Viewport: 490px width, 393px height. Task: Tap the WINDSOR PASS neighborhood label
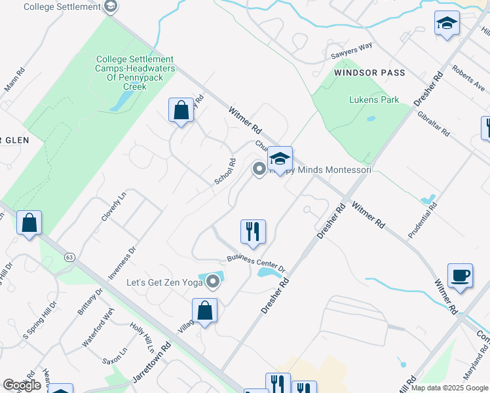point(369,72)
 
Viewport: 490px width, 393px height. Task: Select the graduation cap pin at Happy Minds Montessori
point(280,159)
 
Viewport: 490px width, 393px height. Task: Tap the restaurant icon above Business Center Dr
point(253,231)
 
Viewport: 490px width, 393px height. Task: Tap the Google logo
point(22,385)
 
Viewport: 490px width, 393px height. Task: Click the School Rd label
point(224,172)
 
